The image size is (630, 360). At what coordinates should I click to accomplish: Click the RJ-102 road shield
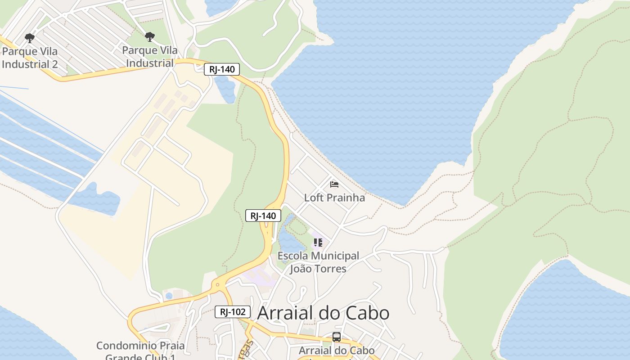tap(232, 312)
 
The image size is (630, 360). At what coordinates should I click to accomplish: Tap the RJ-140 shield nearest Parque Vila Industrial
tap(222, 69)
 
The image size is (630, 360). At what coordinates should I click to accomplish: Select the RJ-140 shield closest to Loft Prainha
tap(263, 216)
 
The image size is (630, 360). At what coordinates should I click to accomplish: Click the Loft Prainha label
tap(334, 198)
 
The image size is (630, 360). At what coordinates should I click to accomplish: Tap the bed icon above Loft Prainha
tap(334, 184)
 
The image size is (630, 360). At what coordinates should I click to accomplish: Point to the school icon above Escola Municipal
tap(318, 243)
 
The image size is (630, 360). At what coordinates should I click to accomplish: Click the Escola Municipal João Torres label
tap(318, 262)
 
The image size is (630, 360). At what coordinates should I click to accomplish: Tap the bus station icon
tap(336, 337)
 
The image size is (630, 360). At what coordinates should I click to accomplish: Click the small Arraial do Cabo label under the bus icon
tap(337, 350)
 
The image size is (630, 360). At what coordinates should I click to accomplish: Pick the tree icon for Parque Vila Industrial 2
tap(30, 38)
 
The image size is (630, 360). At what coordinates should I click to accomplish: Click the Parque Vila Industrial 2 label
tap(30, 58)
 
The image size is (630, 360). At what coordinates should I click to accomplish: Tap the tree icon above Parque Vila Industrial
tap(150, 37)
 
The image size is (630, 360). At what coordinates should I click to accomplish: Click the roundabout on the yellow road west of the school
tap(218, 284)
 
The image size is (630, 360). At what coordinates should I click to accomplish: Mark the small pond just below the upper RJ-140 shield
tap(225, 89)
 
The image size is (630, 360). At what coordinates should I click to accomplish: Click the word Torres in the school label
tap(331, 269)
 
